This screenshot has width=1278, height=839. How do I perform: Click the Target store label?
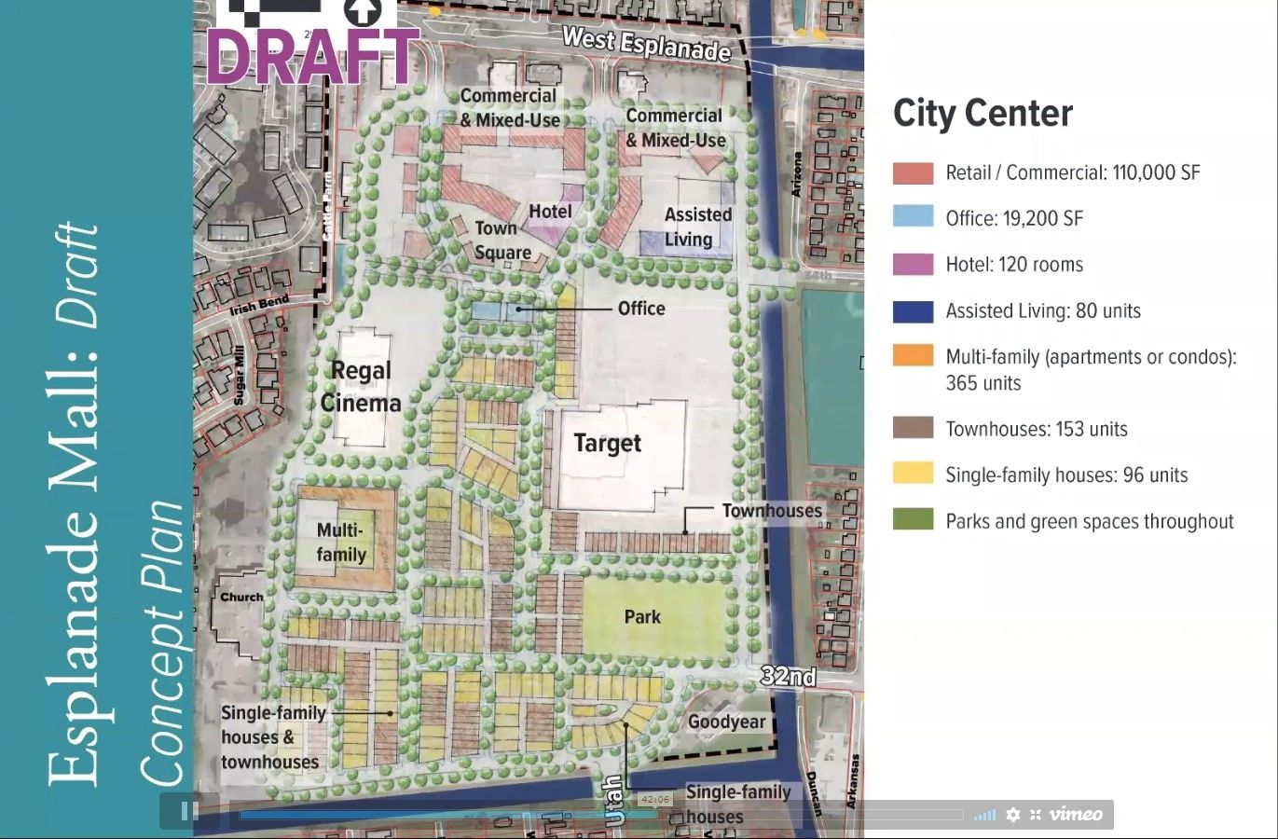[x=607, y=443]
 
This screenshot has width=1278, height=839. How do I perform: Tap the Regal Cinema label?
[x=361, y=387]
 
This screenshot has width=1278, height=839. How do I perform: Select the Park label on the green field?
[x=642, y=617]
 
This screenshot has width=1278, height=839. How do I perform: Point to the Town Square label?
[x=501, y=241]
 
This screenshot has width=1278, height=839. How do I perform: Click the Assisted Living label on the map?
[x=696, y=227]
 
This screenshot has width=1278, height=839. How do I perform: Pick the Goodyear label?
[x=726, y=722]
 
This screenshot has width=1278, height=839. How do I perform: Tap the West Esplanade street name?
[x=646, y=43]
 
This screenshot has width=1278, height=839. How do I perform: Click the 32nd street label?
[x=788, y=676]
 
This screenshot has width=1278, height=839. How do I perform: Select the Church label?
[x=241, y=597]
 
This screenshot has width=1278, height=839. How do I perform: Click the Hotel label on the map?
[x=550, y=212]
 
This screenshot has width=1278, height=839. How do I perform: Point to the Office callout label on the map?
[x=641, y=309]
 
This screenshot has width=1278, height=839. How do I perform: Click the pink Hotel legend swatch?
[x=913, y=265]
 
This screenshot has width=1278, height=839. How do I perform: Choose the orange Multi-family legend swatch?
[x=913, y=356]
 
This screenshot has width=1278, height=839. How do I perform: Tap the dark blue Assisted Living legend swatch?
[x=913, y=311]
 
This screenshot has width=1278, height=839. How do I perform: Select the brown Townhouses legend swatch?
[x=913, y=429]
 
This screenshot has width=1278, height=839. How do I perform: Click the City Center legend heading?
[x=983, y=114]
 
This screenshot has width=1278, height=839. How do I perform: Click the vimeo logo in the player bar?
[x=1075, y=814]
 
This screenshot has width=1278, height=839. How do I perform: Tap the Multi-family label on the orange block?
[x=341, y=543]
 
